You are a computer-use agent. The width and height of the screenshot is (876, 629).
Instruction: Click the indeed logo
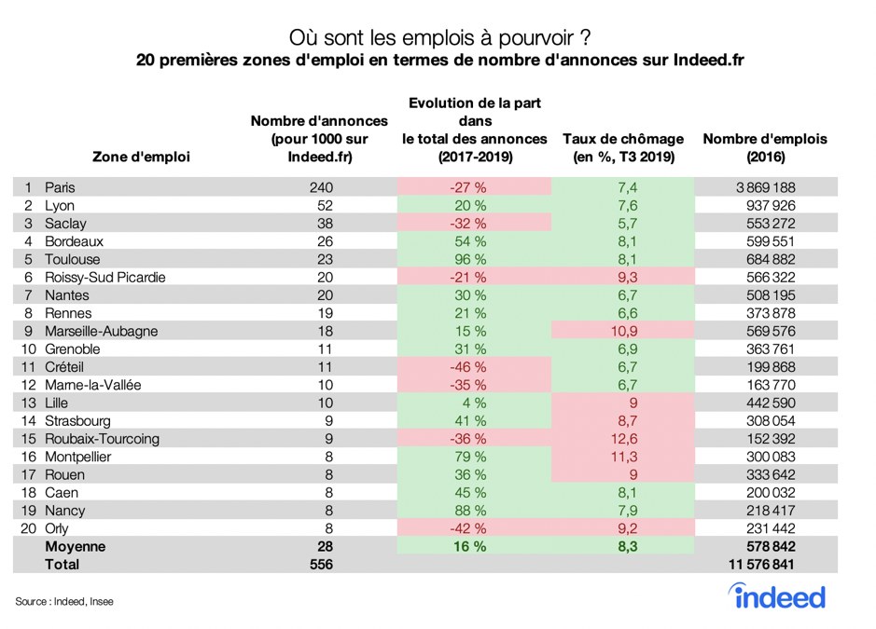(776, 596)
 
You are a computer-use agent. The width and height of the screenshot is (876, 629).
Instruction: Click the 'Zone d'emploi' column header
(142, 157)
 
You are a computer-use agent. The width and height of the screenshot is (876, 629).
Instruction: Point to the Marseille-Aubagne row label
(101, 331)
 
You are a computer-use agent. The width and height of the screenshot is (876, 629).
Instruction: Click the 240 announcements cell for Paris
(320, 187)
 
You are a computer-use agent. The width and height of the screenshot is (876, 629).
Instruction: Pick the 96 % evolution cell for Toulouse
(470, 259)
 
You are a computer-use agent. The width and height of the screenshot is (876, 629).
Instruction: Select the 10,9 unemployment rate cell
(622, 331)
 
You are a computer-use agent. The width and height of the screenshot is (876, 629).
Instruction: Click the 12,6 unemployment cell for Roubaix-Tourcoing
(622, 439)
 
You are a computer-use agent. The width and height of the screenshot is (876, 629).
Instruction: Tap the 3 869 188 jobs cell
(764, 187)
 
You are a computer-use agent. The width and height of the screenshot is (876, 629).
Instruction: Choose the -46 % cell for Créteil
(470, 367)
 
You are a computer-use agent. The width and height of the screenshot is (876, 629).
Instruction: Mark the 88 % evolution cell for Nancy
(470, 511)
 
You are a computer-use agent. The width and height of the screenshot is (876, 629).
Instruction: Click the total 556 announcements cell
(320, 564)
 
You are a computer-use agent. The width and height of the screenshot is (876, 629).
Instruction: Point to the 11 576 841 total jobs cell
(764, 564)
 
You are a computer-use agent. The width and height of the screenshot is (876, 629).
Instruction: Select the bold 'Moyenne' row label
(76, 546)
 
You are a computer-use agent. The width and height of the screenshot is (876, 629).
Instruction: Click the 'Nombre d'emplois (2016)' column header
(764, 148)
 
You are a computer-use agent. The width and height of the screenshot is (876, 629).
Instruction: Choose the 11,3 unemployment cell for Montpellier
(622, 457)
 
